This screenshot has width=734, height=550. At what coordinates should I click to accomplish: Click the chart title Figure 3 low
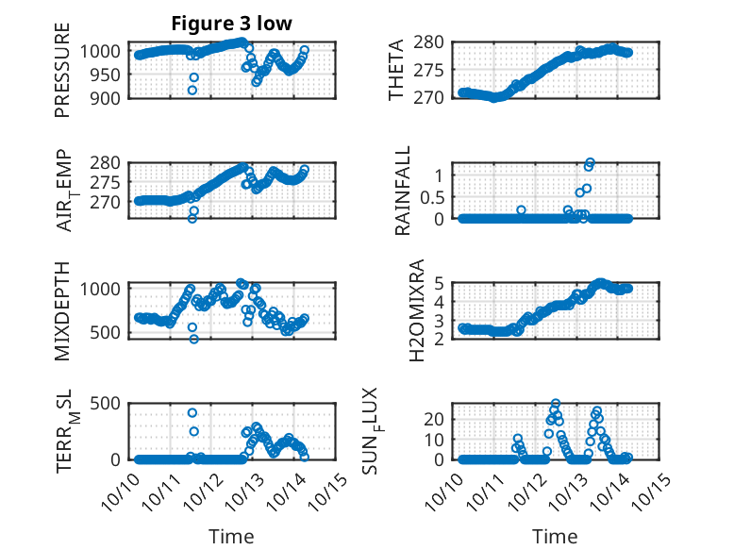(x=231, y=23)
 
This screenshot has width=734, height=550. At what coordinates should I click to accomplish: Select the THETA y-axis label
(x=397, y=70)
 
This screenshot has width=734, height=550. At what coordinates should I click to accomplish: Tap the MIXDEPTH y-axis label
(x=62, y=310)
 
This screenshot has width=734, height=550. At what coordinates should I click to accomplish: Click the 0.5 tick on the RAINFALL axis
(x=432, y=196)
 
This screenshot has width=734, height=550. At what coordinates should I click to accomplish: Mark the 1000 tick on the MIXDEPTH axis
(x=96, y=288)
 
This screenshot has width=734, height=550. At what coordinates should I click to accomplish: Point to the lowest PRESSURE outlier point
(x=192, y=91)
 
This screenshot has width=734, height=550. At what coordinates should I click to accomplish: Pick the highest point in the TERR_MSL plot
(x=192, y=412)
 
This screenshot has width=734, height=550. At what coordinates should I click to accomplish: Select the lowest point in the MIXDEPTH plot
(x=193, y=339)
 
